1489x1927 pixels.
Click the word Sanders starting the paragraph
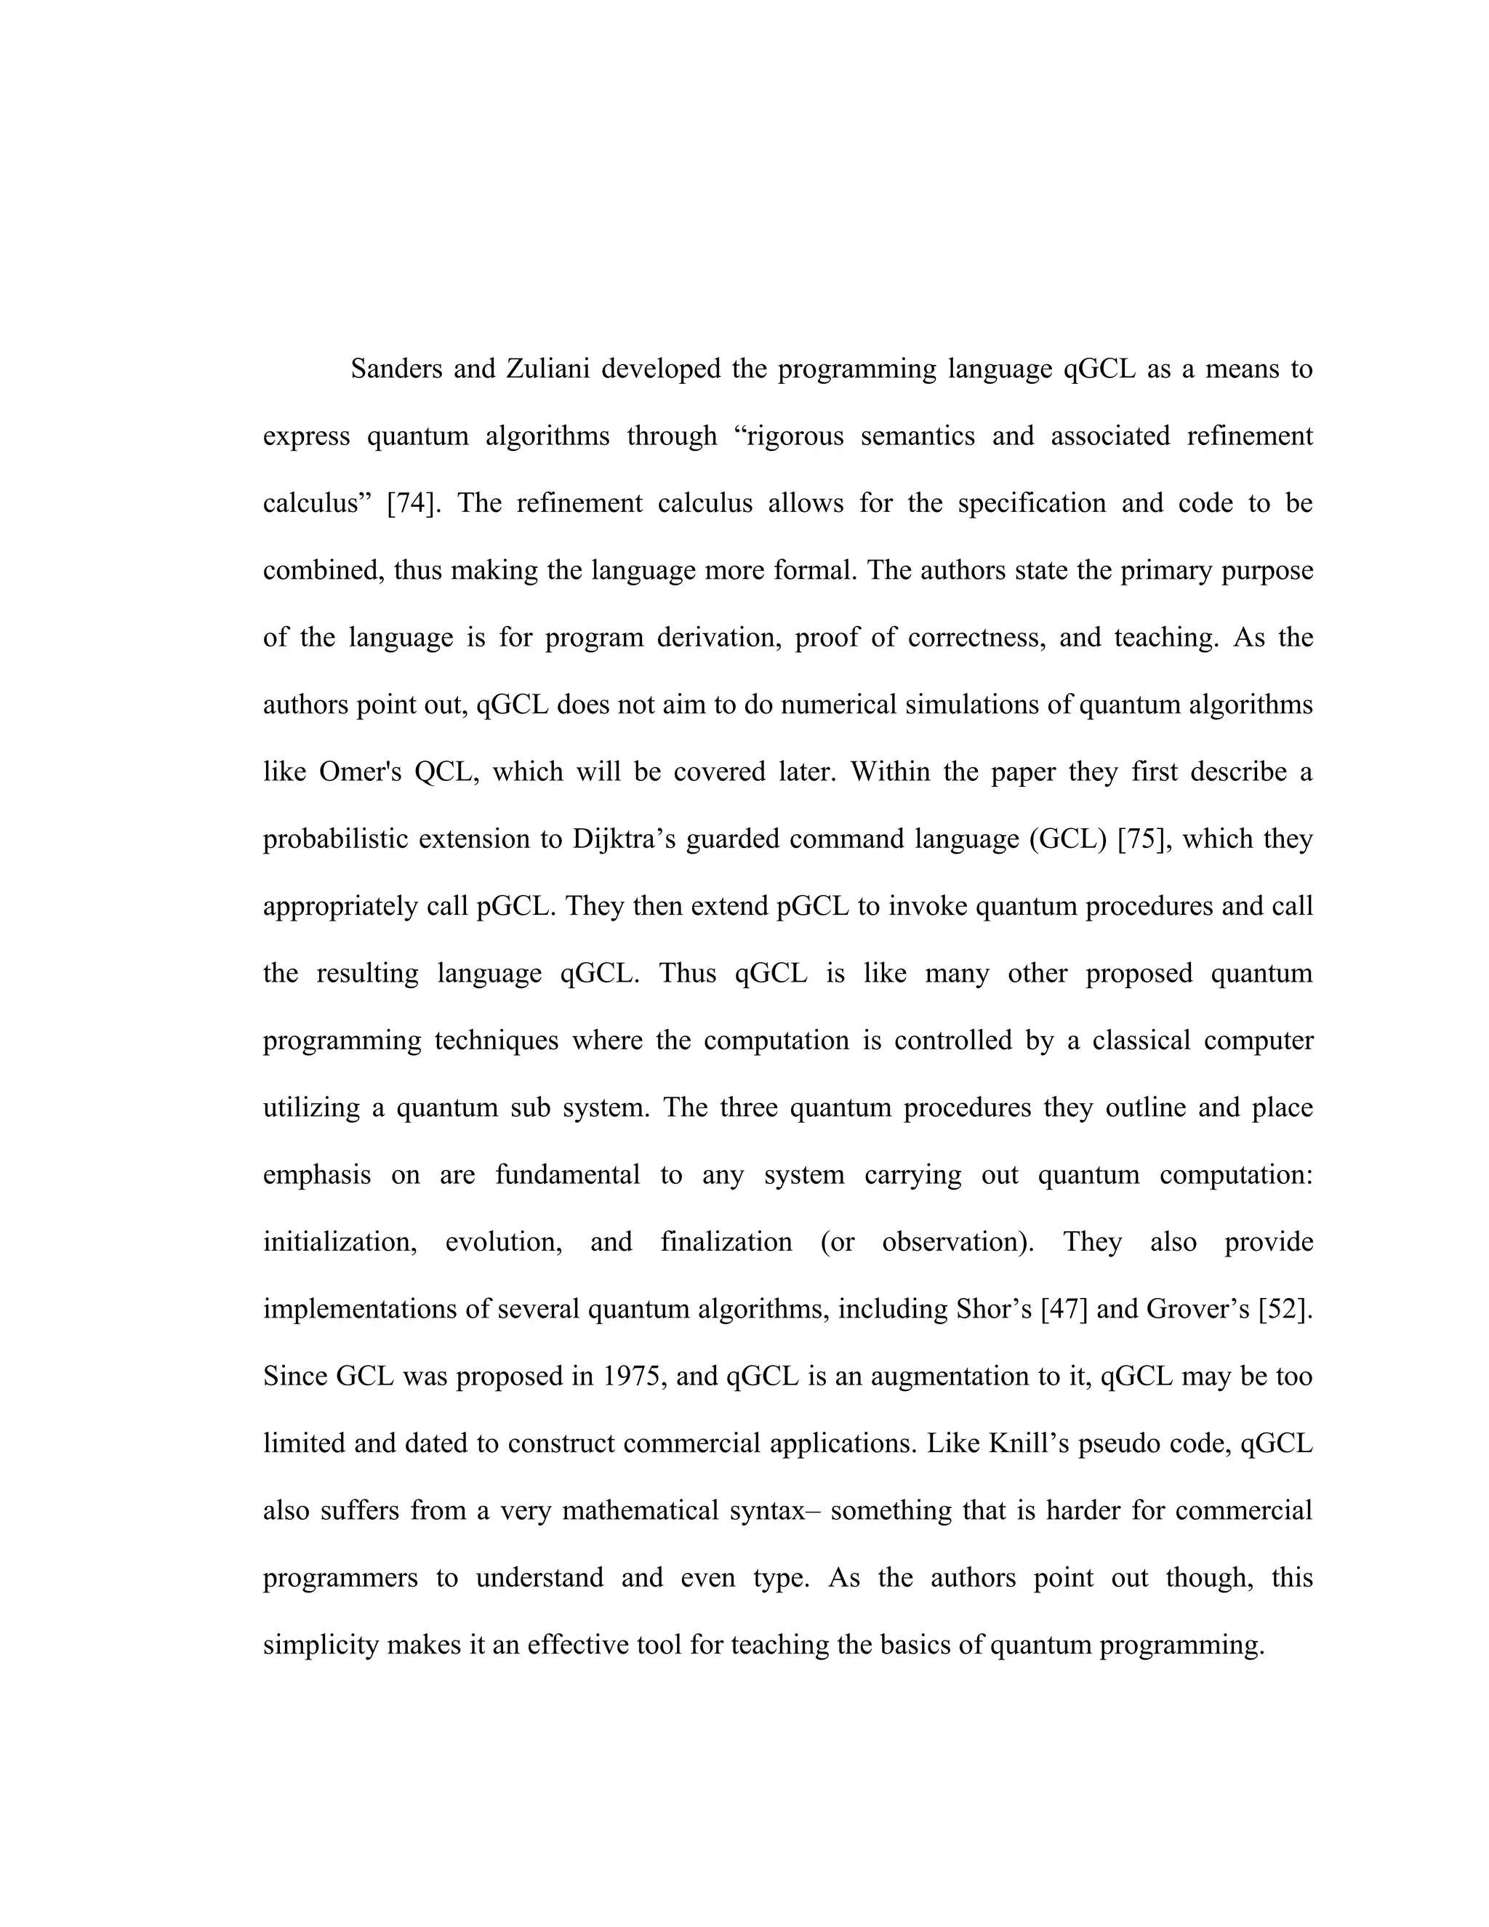396,369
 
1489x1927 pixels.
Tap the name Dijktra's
624,839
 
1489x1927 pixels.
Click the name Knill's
1029,1443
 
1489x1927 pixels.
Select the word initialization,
340,1242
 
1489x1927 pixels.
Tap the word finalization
726,1242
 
